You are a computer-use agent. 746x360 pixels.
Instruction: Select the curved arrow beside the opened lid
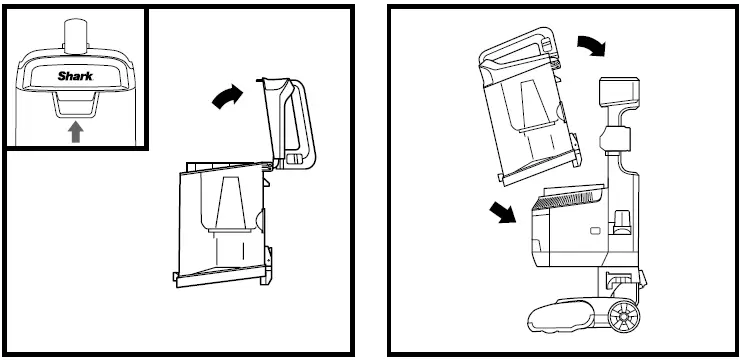click(x=226, y=96)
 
